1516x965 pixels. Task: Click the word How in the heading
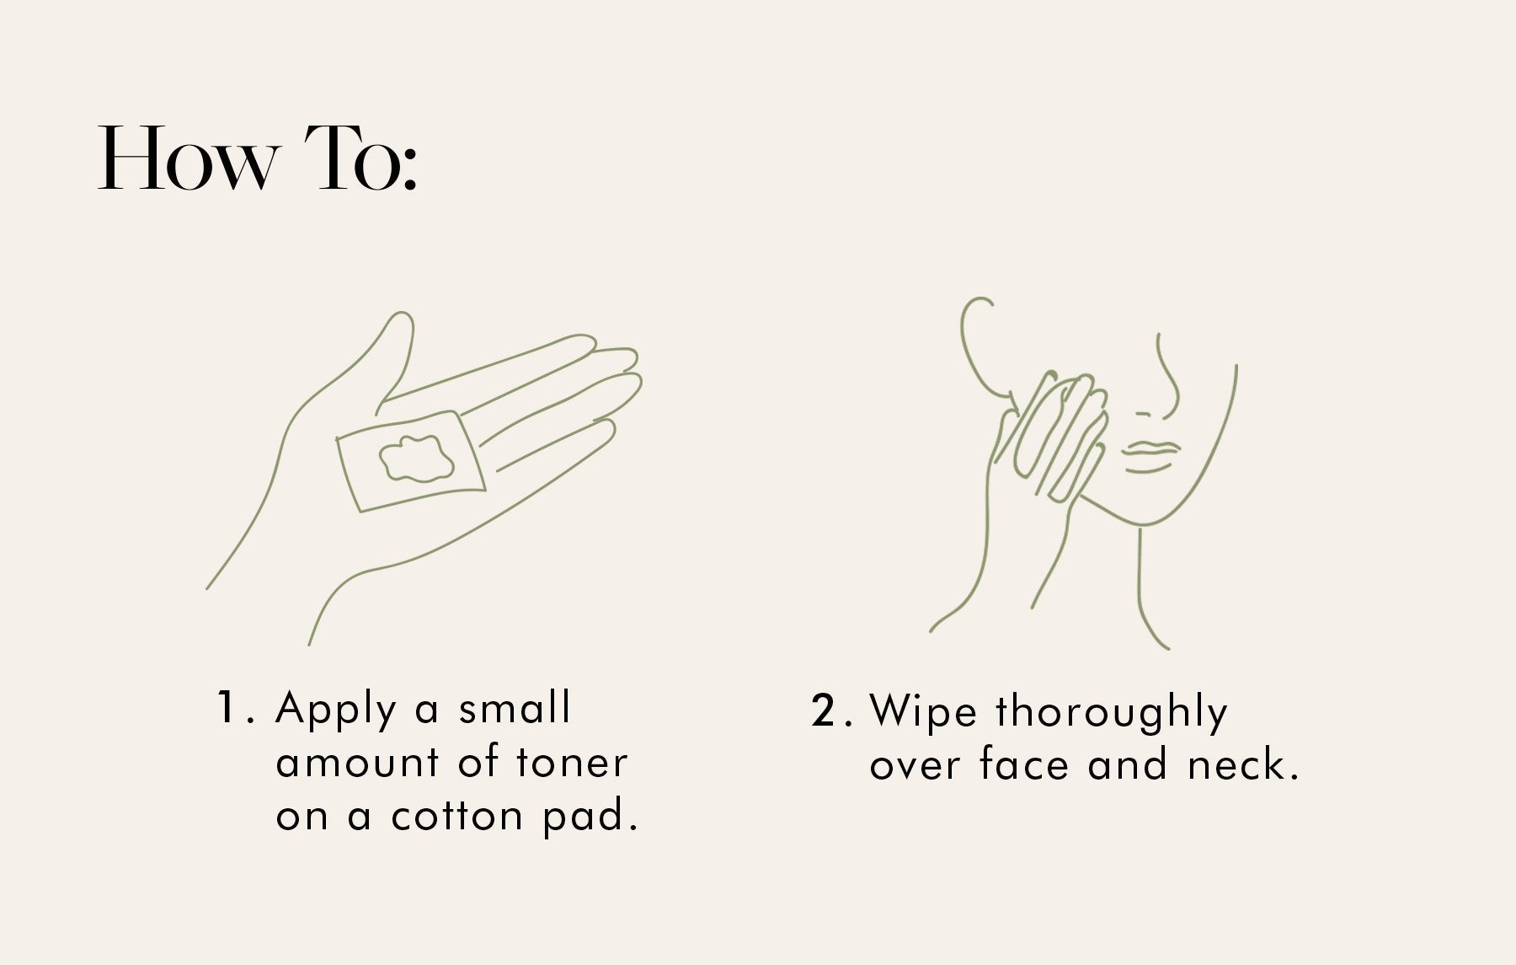(x=187, y=158)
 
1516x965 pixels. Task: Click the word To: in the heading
(x=360, y=158)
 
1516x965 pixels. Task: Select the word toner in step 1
(x=572, y=763)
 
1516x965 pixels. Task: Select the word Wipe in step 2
(x=923, y=711)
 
